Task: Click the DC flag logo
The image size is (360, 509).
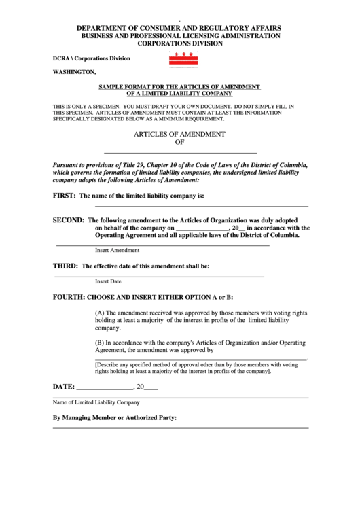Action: pos(183,59)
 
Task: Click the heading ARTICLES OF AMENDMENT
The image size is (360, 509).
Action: pos(179,135)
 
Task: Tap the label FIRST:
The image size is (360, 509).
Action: pos(65,196)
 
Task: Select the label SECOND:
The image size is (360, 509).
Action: pos(69,220)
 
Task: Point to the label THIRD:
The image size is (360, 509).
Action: pos(66,266)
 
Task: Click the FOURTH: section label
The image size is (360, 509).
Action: pos(69,298)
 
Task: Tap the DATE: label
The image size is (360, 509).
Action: pos(64,387)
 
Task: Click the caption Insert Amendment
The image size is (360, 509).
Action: pos(117,250)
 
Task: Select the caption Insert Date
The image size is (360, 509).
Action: pos(108,281)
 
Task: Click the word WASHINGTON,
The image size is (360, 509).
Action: pos(74,71)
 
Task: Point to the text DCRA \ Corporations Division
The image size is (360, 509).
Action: pos(91,58)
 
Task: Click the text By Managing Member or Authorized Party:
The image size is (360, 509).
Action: pos(115,417)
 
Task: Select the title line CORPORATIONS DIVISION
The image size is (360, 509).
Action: pos(180,43)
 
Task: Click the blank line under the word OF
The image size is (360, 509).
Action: pos(180,153)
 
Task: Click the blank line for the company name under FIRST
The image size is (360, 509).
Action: pos(201,206)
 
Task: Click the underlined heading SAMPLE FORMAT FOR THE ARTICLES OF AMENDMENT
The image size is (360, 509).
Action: pos(179,87)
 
